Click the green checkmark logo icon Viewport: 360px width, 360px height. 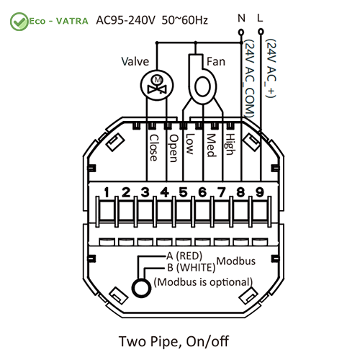coord(19,22)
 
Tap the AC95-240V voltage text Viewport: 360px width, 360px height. coord(126,20)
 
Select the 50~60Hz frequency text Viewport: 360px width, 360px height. coord(184,20)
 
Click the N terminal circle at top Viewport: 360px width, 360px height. coord(241,32)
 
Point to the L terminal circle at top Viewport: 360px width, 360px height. coord(261,32)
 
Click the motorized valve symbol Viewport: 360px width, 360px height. coord(157,85)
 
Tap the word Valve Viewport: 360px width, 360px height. coord(135,61)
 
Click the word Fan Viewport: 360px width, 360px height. coord(216,61)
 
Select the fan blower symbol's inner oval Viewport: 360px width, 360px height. coord(203,87)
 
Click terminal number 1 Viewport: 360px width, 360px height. coord(107,192)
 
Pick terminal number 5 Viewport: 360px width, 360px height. coord(184,192)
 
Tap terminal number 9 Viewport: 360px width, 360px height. coord(260,192)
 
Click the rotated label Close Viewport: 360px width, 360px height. coord(153,148)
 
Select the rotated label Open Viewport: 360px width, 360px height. coord(174,148)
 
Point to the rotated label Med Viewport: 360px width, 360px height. coord(211,145)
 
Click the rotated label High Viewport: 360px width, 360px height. coord(230,144)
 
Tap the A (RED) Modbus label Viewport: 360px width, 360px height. coord(184,256)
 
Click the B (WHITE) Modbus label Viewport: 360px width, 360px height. coord(191,267)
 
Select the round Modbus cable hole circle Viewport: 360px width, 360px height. coord(142,288)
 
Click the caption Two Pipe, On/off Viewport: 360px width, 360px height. coord(174,341)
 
